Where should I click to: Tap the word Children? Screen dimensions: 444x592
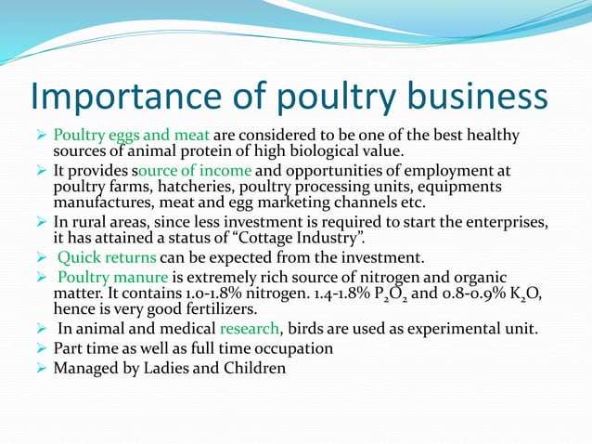[x=251, y=367]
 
